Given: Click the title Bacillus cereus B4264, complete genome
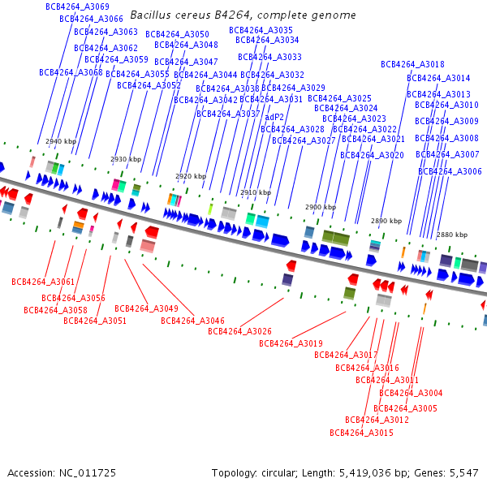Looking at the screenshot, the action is coord(243,15).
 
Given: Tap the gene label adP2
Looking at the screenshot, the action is coord(274,117).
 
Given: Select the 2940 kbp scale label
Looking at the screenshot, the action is coord(61,141).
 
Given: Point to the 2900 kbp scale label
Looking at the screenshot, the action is coord(321,207).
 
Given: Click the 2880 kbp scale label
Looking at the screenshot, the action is coord(452,235).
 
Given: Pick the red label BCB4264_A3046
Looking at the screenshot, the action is coord(192,321).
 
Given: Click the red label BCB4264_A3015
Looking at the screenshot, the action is coord(361,433).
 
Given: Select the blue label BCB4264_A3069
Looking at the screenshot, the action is coord(77,6).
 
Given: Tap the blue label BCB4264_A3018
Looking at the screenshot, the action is coord(412,64).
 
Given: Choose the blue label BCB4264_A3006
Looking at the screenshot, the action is coord(450,171).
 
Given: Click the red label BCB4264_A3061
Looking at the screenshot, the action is coord(43,282).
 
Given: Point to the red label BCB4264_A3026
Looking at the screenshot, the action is coord(239,331).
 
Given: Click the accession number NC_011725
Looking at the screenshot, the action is coord(88,473).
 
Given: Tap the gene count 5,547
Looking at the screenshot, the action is coord(464,473).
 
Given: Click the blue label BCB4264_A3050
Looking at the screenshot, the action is coord(177,34).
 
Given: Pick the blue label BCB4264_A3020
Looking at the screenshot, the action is coord(372,155).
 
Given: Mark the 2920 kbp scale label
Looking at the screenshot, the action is coord(191,176).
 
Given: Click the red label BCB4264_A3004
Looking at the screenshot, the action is coord(411,393).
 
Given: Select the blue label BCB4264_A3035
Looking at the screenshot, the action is coord(261,30).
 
